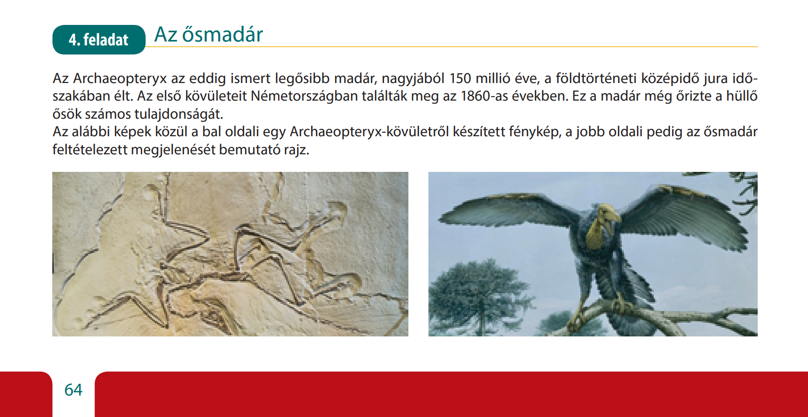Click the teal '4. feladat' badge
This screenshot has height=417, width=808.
tap(99, 40)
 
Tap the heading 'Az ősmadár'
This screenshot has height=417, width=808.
tap(209, 35)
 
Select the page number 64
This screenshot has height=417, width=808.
tap(73, 390)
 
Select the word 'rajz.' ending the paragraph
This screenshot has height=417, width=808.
tap(297, 150)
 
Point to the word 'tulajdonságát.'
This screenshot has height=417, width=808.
tap(179, 114)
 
